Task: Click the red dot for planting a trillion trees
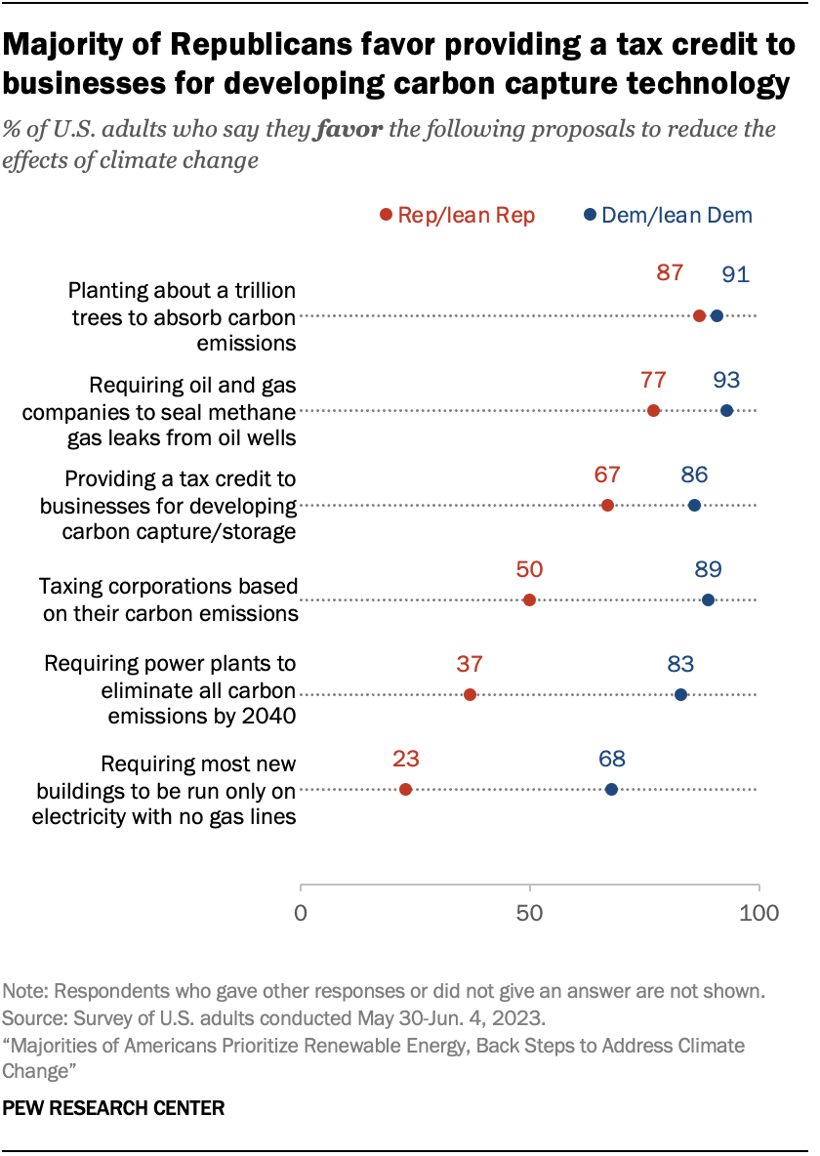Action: click(699, 315)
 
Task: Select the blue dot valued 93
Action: click(726, 410)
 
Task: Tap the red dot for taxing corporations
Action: click(529, 599)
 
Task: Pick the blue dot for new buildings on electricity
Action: click(611, 789)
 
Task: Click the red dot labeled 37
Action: click(470, 694)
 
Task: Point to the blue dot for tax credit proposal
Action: click(694, 505)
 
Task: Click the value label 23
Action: click(405, 759)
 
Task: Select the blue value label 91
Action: click(735, 274)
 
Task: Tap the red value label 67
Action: click(607, 475)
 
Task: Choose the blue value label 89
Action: click(708, 569)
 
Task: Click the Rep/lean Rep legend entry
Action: click(458, 216)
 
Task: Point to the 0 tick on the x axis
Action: click(301, 914)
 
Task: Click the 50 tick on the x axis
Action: click(529, 914)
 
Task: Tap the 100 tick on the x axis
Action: click(758, 914)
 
